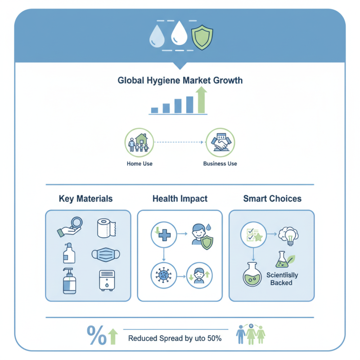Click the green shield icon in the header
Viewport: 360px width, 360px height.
[202, 37]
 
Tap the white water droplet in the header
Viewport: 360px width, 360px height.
[179, 33]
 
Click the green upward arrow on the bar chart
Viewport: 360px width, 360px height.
[201, 100]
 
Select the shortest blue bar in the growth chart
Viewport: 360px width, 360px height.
[154, 110]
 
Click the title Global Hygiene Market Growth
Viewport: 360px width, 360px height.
[180, 81]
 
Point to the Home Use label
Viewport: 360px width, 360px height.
[139, 164]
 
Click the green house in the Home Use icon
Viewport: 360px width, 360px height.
[141, 139]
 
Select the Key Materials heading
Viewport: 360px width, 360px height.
[85, 198]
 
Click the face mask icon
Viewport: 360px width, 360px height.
[106, 255]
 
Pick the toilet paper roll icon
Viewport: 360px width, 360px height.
[106, 228]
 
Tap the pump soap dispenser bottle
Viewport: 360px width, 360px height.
[69, 281]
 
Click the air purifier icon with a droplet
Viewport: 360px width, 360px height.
[107, 280]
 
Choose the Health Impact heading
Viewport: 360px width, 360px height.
[180, 198]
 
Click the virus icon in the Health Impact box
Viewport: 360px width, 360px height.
[163, 275]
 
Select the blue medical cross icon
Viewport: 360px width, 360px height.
[165, 235]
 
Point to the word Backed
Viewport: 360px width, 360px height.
[281, 283]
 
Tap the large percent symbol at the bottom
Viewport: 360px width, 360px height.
[97, 335]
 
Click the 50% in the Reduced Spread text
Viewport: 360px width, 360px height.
[215, 338]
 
